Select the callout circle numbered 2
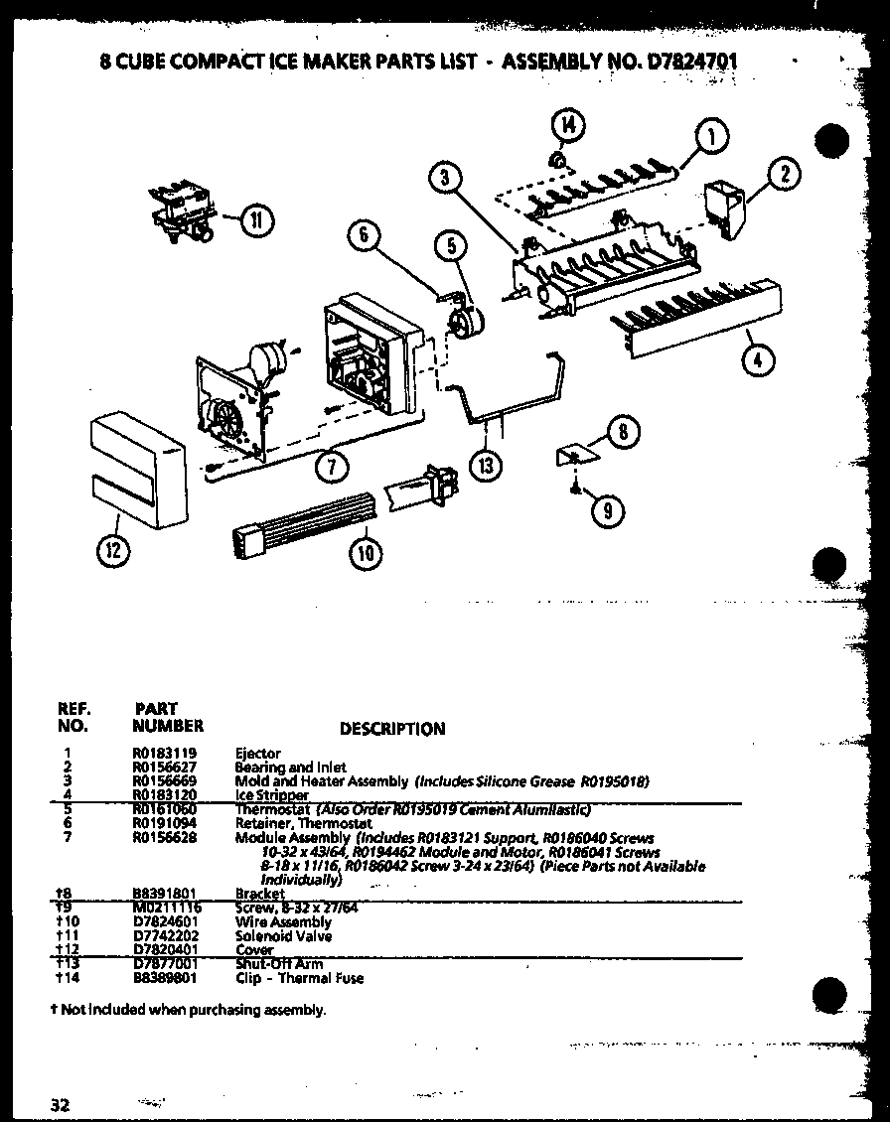coord(784,176)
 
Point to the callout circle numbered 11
coord(256,220)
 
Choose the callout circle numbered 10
coord(367,553)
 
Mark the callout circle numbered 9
coord(607,510)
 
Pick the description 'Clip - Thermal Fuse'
coord(299,978)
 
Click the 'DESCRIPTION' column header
coord(392,729)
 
